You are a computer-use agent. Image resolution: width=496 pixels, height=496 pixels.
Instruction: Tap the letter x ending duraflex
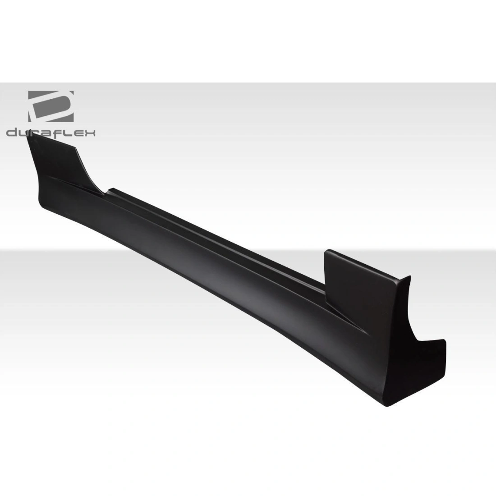point(90,133)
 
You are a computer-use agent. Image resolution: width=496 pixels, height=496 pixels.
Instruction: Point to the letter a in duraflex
point(47,133)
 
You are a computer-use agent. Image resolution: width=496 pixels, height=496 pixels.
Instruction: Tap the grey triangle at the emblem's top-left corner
point(33,96)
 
